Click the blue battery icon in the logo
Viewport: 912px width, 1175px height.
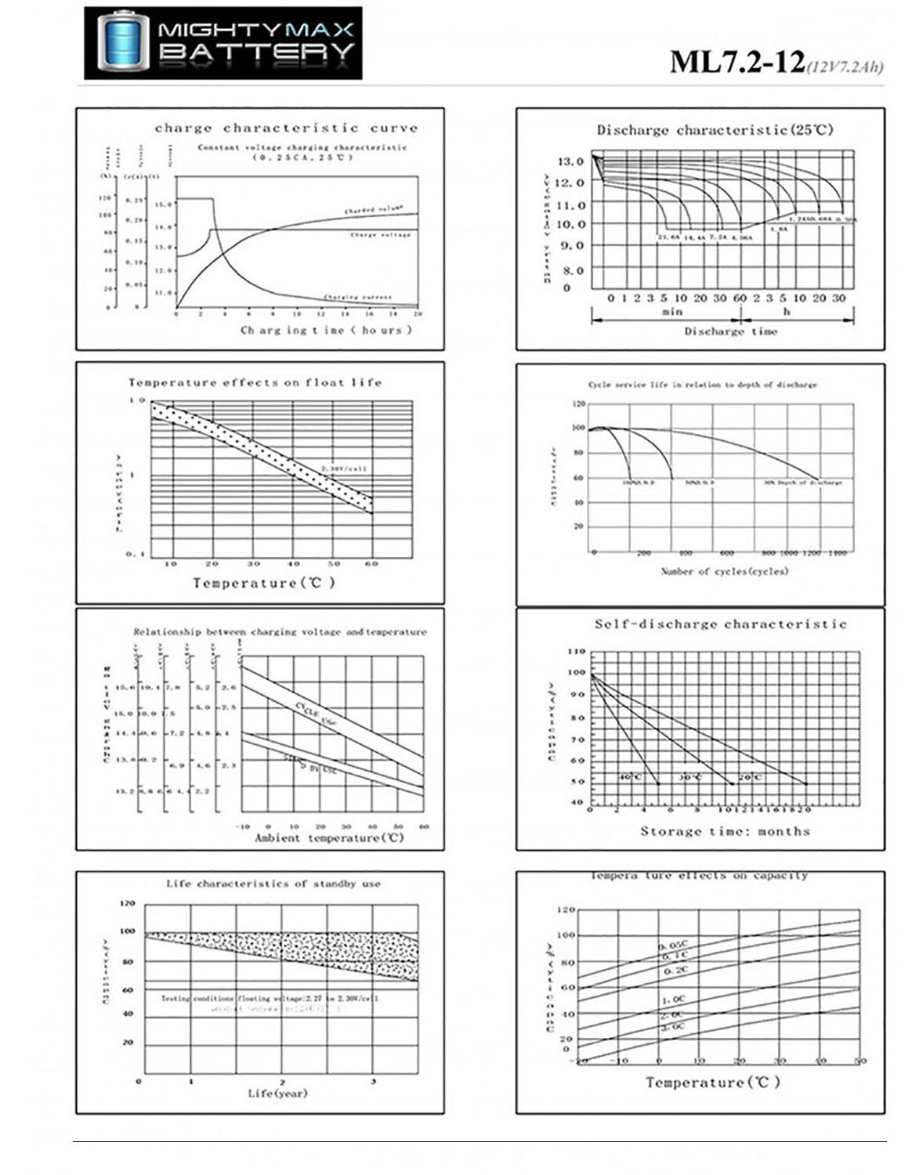[x=123, y=42]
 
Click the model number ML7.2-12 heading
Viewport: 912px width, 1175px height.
[x=736, y=62]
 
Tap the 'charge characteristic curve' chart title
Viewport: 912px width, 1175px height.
[x=286, y=128]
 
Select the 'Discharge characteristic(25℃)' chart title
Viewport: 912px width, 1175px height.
[x=715, y=130]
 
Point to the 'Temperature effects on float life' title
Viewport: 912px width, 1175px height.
[x=255, y=382]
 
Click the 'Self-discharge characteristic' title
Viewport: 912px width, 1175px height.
[x=721, y=624]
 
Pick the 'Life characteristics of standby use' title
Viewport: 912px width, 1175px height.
[x=273, y=884]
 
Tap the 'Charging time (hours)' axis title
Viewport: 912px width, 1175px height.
[x=326, y=330]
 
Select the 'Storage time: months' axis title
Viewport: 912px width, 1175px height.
[x=725, y=831]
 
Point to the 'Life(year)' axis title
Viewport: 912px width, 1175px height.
[x=278, y=1093]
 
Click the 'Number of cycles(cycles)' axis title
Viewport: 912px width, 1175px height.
[x=724, y=571]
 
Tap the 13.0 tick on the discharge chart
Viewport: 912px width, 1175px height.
[x=570, y=161]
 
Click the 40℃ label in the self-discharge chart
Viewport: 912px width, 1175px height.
[x=629, y=777]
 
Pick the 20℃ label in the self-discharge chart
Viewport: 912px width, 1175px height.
[x=750, y=777]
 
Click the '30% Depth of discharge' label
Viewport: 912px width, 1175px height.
[x=802, y=483]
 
